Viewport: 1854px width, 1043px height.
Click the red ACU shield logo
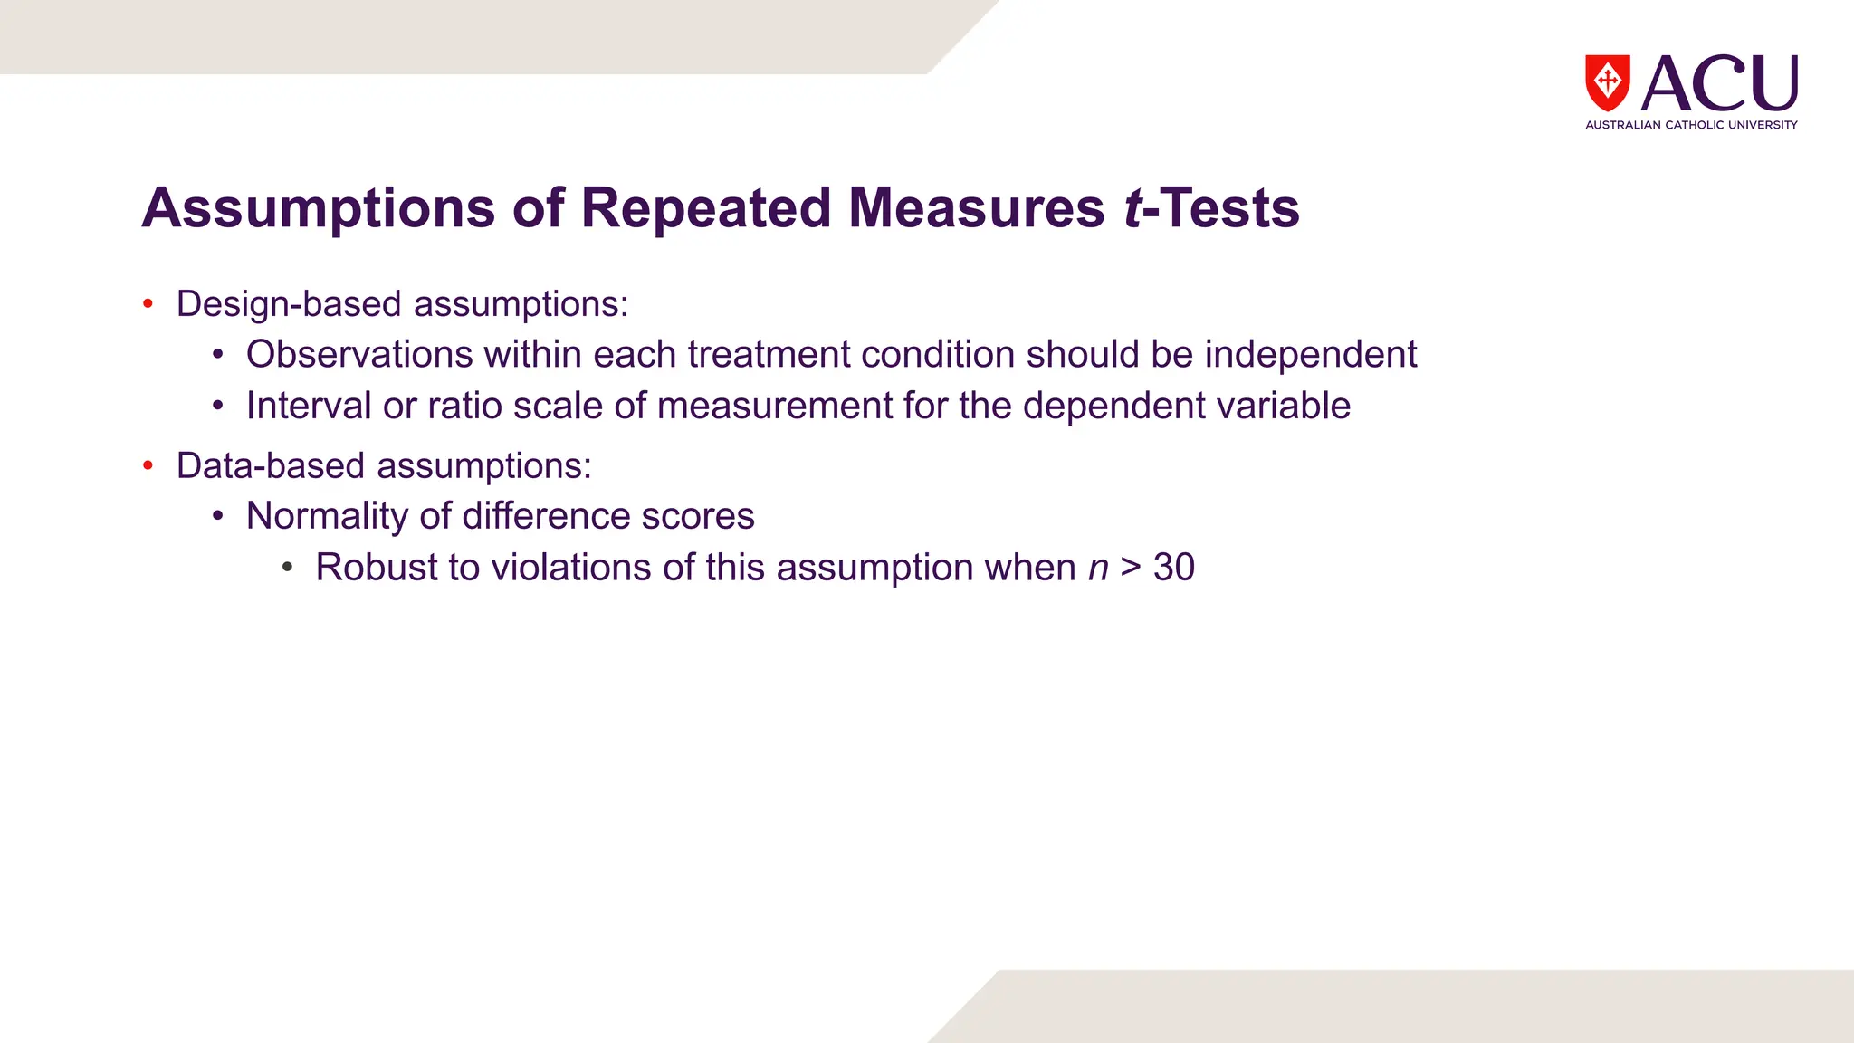(x=1607, y=82)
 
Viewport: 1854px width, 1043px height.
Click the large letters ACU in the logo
(x=1719, y=82)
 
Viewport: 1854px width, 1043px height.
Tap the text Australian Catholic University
(x=1691, y=125)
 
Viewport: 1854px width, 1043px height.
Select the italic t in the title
(x=1132, y=208)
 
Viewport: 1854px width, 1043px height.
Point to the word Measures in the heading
(x=976, y=208)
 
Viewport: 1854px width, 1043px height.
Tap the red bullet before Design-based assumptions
(x=148, y=304)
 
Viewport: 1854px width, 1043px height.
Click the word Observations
(x=359, y=355)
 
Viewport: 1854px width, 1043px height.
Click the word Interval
(x=309, y=406)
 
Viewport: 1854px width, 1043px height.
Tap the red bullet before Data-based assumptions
(x=148, y=466)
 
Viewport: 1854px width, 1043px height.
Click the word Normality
(x=327, y=517)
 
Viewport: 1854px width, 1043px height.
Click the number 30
(x=1173, y=568)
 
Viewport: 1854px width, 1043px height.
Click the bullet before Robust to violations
(x=287, y=568)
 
